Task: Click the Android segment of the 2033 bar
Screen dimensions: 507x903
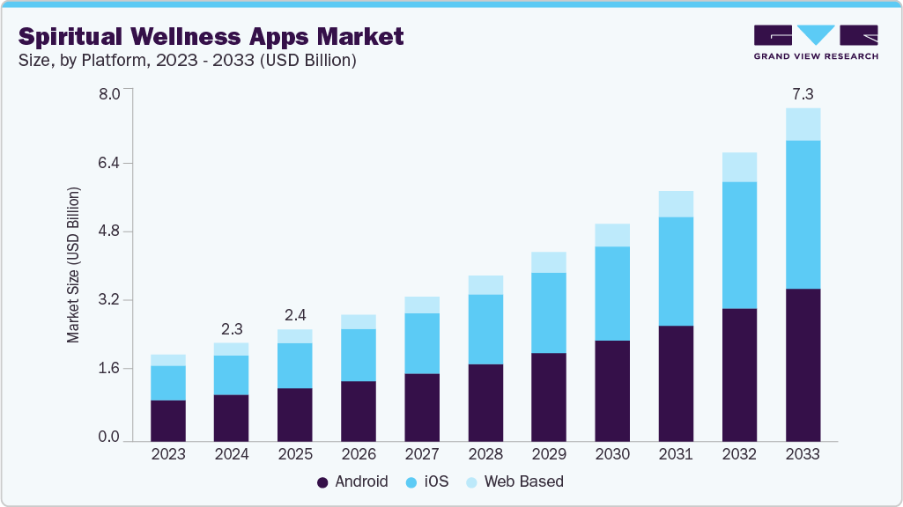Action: point(803,364)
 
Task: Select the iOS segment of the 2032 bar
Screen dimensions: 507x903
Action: point(739,245)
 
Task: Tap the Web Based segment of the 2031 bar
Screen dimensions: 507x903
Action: point(676,204)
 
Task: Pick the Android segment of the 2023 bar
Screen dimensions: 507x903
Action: point(168,421)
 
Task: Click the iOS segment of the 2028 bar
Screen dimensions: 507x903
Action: point(485,329)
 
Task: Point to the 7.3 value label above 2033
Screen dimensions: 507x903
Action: point(803,93)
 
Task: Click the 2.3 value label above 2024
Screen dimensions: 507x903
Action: point(232,328)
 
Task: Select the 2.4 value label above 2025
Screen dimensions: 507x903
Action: point(295,315)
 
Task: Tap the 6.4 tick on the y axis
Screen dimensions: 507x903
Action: point(107,163)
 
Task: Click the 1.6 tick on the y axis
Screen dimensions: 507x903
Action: point(107,368)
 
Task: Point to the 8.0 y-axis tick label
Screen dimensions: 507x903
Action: point(107,94)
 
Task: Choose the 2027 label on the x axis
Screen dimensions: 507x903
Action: point(422,454)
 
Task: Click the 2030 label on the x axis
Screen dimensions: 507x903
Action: point(612,454)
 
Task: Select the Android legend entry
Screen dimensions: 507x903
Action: point(352,481)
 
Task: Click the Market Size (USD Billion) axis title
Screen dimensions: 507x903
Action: point(74,264)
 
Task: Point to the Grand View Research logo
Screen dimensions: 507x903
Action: point(816,41)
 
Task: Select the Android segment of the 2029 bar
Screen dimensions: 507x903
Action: point(549,396)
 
